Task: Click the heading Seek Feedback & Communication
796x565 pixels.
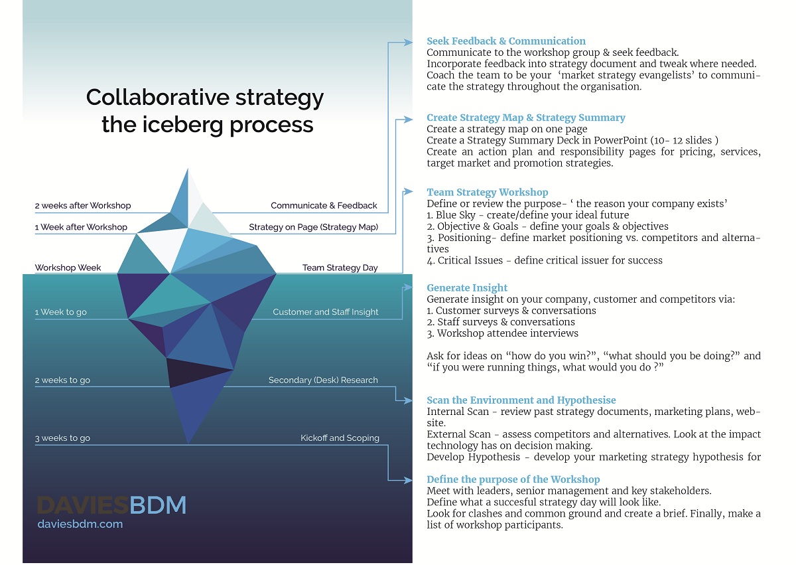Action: tap(506, 41)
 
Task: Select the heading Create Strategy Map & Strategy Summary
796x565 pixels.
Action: tap(526, 118)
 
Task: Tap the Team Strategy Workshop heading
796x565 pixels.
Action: tap(488, 193)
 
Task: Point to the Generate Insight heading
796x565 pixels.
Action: tap(467, 288)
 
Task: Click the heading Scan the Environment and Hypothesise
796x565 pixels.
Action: tap(521, 400)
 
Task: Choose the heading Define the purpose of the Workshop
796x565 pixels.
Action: tap(513, 479)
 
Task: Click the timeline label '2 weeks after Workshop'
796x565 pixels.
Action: tap(83, 206)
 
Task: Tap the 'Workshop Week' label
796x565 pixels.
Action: tap(68, 268)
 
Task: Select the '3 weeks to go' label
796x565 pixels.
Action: tap(62, 438)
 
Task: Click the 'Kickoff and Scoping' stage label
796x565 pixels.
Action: tap(340, 438)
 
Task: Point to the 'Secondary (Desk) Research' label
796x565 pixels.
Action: tap(323, 380)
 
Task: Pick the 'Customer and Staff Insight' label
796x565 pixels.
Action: tap(326, 312)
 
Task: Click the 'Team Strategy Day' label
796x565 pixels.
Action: tap(340, 268)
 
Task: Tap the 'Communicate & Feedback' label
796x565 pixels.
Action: tap(324, 206)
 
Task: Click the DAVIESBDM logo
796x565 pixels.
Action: tap(111, 506)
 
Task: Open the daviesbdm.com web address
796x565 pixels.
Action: tap(80, 524)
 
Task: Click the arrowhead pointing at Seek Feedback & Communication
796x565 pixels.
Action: tap(409, 43)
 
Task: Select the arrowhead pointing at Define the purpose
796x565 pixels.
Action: tap(409, 480)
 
